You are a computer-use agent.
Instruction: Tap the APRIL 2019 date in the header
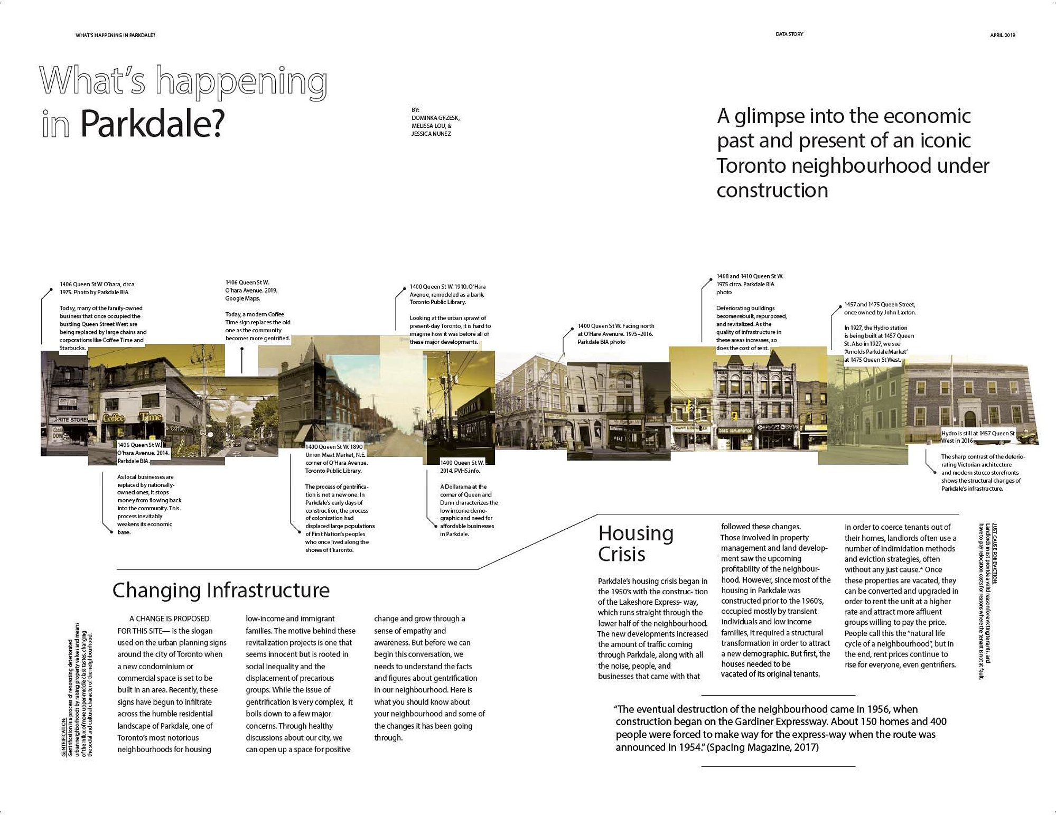click(x=1003, y=35)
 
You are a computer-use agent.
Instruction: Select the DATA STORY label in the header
click(x=789, y=34)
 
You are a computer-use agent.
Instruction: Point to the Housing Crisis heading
click(x=636, y=544)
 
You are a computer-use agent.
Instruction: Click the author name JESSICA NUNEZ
click(x=431, y=134)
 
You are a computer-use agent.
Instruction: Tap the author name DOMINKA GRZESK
click(x=435, y=118)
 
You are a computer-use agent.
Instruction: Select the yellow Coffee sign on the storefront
click(x=113, y=418)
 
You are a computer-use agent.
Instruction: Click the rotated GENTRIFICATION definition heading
click(x=64, y=737)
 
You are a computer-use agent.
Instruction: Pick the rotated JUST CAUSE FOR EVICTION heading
click(x=994, y=554)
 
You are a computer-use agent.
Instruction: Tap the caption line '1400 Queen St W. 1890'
click(x=334, y=447)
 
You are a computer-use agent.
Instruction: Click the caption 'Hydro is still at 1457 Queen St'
click(x=978, y=434)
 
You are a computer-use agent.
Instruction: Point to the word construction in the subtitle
click(x=772, y=191)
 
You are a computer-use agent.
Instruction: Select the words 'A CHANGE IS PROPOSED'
click(x=169, y=619)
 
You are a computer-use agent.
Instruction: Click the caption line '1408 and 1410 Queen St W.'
click(x=750, y=276)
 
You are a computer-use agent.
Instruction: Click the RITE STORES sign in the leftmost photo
click(x=71, y=420)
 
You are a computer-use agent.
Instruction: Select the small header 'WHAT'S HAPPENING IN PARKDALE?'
click(x=115, y=35)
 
